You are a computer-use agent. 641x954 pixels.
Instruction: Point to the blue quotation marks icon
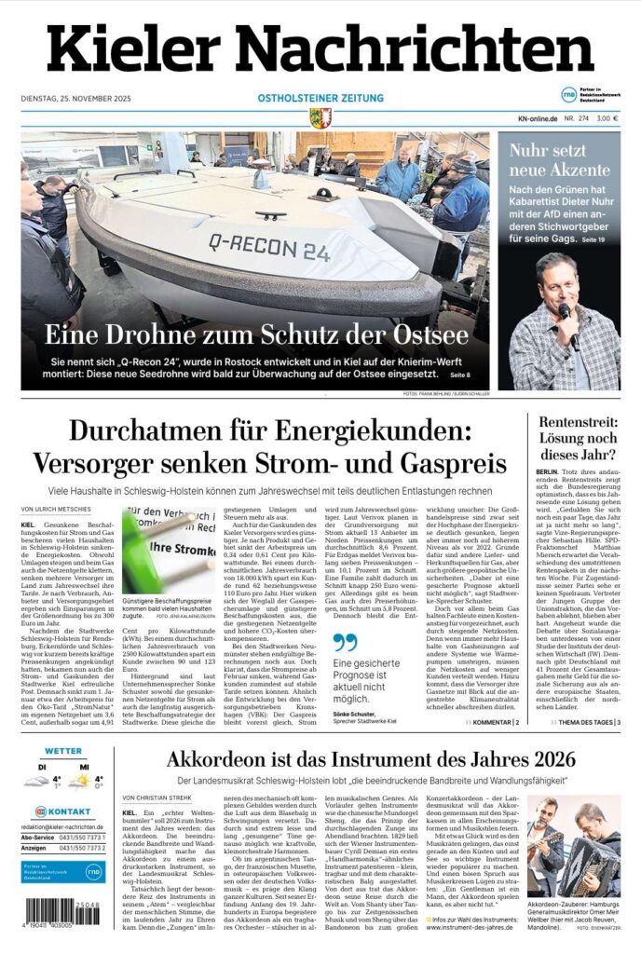345,642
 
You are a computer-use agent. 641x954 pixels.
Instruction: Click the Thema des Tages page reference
587,722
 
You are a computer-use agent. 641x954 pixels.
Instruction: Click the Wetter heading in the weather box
64,751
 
